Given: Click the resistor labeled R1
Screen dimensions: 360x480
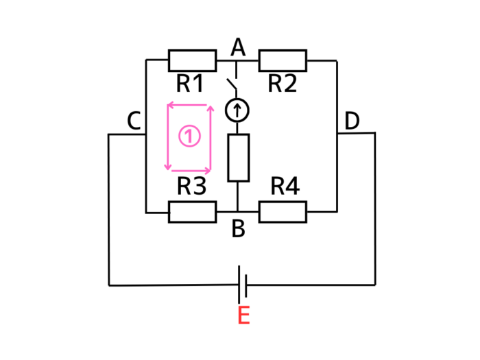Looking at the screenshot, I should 192,60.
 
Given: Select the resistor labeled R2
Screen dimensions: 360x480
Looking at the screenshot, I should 283,60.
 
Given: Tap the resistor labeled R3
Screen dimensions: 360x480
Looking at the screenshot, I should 192,212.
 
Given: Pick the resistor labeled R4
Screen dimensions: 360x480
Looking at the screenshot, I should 283,212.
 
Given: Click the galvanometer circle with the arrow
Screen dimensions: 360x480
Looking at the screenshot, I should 237,110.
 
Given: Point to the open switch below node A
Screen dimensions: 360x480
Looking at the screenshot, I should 233,86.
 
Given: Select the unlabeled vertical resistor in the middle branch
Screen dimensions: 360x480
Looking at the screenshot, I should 238,158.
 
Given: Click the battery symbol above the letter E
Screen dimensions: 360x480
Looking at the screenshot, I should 242,284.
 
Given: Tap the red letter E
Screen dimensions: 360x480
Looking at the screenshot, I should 243,316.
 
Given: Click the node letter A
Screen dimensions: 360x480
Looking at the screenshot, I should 238,47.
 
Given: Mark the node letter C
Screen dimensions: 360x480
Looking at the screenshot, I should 134,121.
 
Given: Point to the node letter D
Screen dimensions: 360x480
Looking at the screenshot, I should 352,121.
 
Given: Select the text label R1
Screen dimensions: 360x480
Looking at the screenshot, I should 190,84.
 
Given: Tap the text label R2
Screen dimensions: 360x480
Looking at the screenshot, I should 283,84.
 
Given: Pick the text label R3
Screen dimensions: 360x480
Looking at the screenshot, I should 192,187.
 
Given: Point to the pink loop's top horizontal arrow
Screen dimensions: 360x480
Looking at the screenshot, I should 189,105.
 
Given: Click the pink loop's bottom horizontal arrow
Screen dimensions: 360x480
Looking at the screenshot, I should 189,169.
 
